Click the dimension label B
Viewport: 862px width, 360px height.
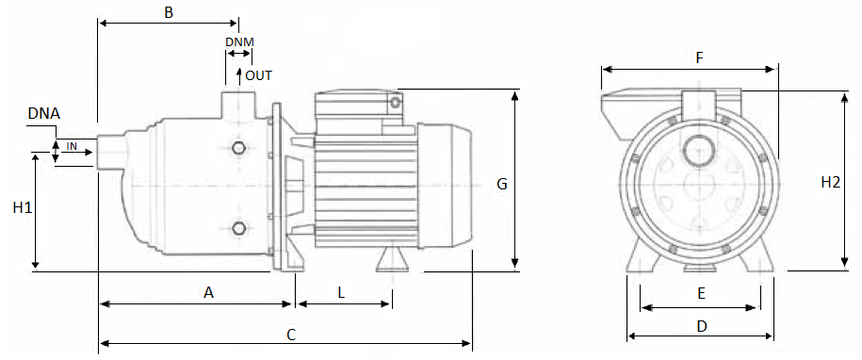click(169, 12)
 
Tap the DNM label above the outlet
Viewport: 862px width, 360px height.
click(239, 41)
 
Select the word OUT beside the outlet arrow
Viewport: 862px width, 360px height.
click(258, 75)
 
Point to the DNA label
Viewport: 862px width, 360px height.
click(44, 114)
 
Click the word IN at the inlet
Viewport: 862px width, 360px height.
click(72, 146)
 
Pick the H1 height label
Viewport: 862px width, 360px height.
click(22, 207)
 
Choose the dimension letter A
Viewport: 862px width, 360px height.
click(208, 293)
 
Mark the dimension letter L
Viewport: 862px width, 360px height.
click(341, 293)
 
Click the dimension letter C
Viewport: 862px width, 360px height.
click(292, 335)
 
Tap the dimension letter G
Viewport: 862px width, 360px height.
click(502, 184)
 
